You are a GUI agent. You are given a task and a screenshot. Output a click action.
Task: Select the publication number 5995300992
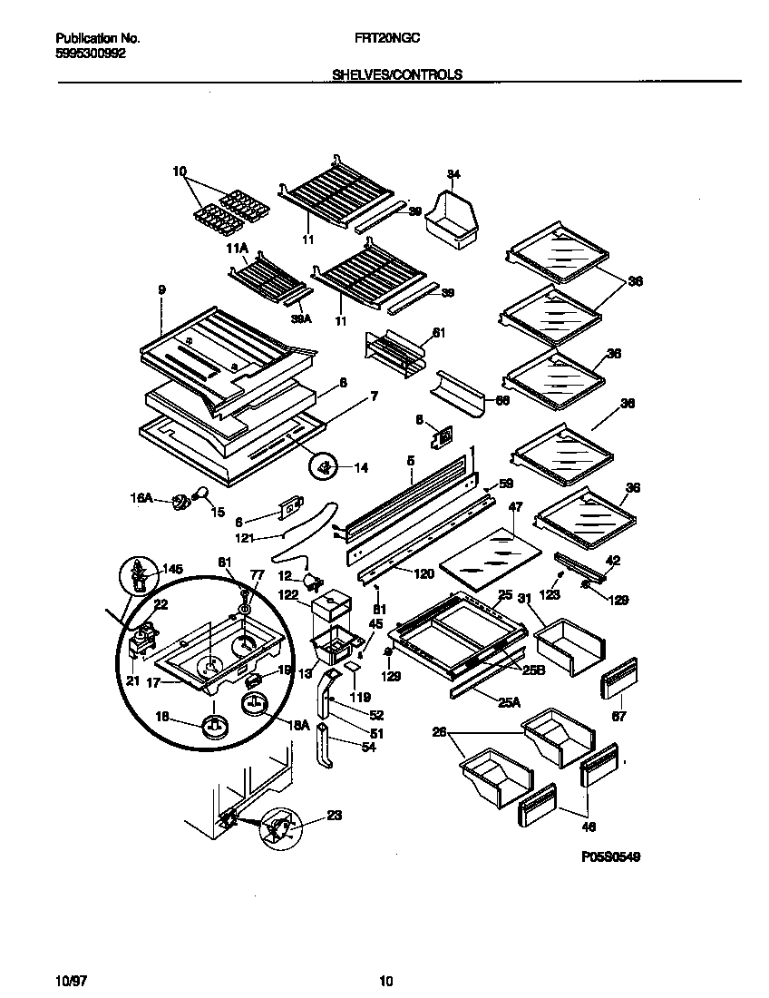tap(91, 54)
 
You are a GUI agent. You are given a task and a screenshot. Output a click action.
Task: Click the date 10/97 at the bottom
tap(69, 980)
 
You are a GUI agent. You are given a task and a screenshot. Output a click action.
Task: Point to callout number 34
tap(453, 174)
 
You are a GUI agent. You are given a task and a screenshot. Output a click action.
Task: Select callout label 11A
tap(237, 248)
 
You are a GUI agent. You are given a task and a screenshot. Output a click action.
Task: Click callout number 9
tap(161, 290)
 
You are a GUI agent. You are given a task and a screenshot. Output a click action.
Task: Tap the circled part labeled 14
tap(325, 468)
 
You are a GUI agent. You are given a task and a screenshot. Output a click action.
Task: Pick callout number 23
tap(334, 815)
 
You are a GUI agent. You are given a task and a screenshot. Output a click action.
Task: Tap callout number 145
tap(171, 569)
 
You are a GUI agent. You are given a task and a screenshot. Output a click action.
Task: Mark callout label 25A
tap(510, 701)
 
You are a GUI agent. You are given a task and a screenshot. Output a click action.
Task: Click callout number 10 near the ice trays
tap(179, 171)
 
